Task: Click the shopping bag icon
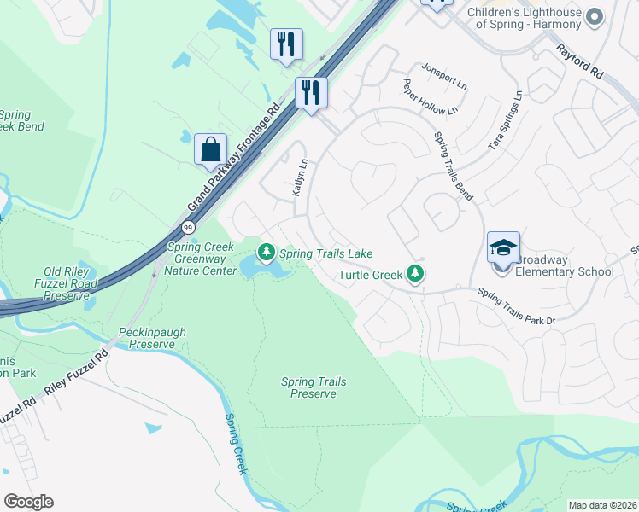click(x=210, y=150)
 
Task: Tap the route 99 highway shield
click(x=188, y=227)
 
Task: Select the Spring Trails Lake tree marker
click(x=267, y=252)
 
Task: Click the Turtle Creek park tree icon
click(x=415, y=274)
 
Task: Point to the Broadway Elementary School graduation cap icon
click(x=503, y=248)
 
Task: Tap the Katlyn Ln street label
click(x=298, y=178)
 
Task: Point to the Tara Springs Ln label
click(x=504, y=122)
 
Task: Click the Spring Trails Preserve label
click(x=314, y=388)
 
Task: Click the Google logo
click(x=29, y=501)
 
